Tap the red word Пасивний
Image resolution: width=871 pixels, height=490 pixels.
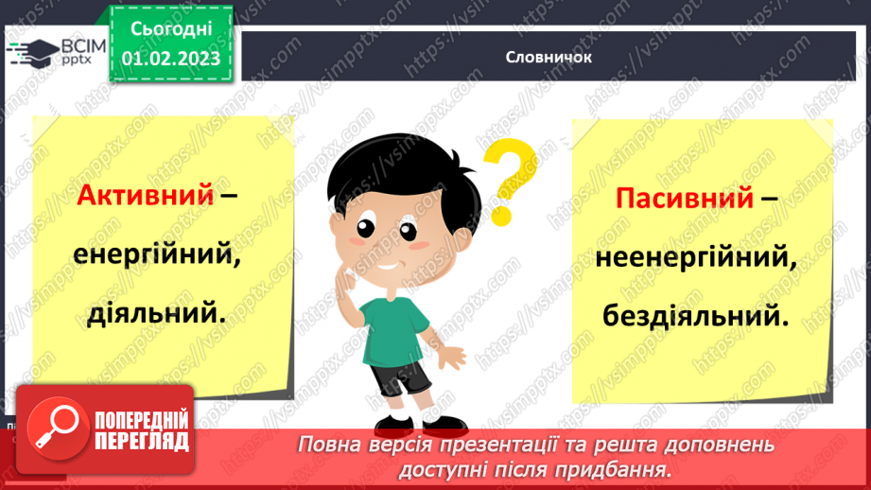[685, 199]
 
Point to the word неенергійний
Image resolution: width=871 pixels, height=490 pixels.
[693, 256]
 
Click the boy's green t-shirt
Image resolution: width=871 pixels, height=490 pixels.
[396, 321]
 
